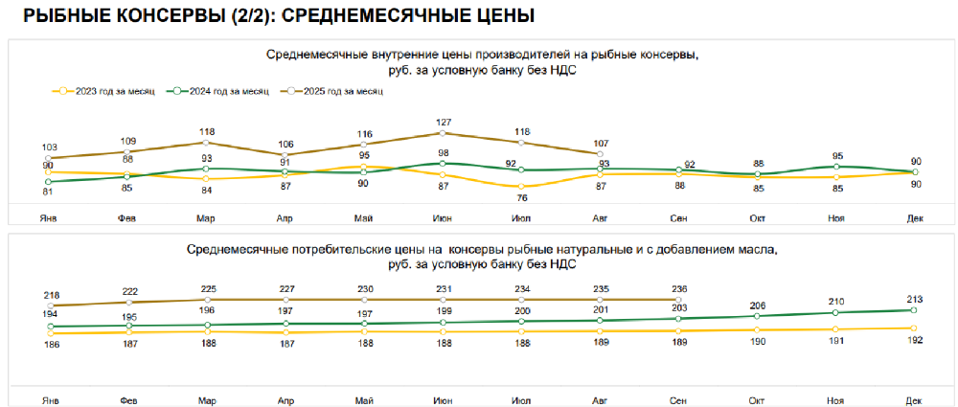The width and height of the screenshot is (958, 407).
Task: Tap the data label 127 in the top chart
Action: (x=443, y=122)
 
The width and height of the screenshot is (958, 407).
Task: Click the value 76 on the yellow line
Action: (x=521, y=198)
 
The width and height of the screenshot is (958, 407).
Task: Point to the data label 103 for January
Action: (x=50, y=147)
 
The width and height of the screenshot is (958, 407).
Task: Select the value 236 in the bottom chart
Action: (x=678, y=288)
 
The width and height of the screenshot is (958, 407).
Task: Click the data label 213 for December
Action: (x=914, y=300)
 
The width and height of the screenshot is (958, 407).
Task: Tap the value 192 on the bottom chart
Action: (x=914, y=340)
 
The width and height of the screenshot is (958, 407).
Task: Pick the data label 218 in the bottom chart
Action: (x=50, y=295)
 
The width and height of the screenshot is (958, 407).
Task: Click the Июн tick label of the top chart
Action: (x=443, y=219)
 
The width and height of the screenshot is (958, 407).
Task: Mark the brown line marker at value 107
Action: (x=600, y=153)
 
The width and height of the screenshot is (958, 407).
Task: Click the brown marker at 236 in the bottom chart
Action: (x=678, y=299)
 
